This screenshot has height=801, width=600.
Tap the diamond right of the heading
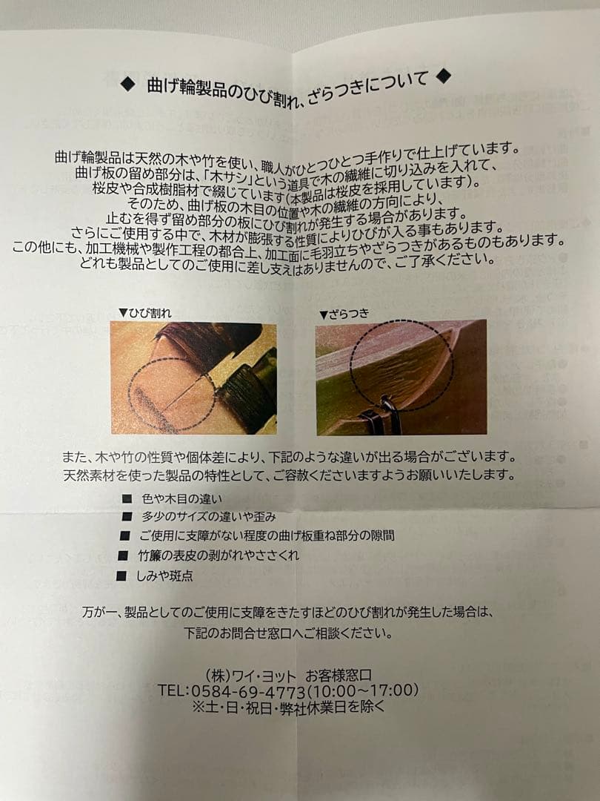443,75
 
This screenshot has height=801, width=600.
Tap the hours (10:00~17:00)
362,690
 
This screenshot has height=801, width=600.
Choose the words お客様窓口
339,674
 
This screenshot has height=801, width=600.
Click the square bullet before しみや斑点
121,576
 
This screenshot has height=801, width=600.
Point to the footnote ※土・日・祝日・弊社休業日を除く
289,707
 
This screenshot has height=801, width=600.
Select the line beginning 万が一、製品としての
287,613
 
